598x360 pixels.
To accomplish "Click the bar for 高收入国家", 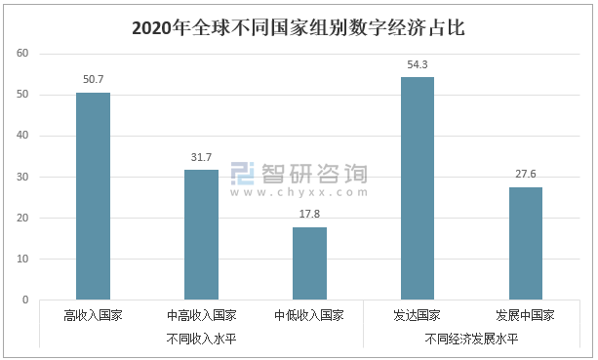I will [x=93, y=196].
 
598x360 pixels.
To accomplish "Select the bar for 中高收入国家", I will [x=201, y=235].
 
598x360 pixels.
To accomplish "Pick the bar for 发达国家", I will [x=418, y=188].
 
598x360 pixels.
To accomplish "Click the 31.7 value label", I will [x=201, y=156].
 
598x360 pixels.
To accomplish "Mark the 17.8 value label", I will [x=309, y=213].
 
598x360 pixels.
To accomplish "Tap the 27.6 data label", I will [x=525, y=173].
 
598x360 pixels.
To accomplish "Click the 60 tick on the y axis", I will [x=22, y=53].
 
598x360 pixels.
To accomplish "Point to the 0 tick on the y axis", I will [x=26, y=300].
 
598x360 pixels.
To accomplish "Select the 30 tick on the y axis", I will [x=22, y=177].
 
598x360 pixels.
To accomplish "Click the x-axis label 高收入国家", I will [x=93, y=316].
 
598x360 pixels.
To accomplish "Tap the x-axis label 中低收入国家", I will [x=309, y=316].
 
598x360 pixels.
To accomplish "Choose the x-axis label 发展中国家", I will [x=525, y=316].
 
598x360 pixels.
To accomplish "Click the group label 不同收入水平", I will [x=201, y=340].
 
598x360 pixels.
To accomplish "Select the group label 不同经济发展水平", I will [x=471, y=340].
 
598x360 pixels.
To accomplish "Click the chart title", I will [x=299, y=26].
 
